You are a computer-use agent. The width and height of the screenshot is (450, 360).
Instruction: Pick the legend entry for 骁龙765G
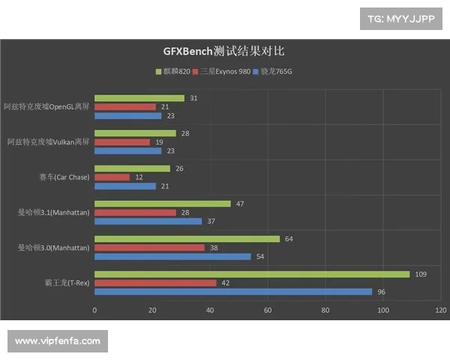click(x=274, y=72)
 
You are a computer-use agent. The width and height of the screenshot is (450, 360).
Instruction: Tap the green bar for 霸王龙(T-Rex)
click(x=252, y=274)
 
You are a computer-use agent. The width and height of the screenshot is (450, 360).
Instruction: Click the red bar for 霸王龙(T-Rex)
click(x=155, y=283)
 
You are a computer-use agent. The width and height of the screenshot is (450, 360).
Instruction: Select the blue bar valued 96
click(x=233, y=292)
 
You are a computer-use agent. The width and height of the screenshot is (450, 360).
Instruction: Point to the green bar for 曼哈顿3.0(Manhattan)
click(x=187, y=239)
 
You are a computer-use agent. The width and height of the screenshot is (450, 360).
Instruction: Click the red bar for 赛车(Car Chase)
click(x=112, y=177)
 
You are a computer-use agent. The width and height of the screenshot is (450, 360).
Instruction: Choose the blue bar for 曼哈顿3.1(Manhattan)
click(x=148, y=221)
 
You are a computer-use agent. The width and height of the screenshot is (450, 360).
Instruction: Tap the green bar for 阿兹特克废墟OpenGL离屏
click(x=139, y=98)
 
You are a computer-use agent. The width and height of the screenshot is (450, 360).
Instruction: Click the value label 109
click(x=421, y=274)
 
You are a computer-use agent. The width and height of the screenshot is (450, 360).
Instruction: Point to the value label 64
click(x=289, y=239)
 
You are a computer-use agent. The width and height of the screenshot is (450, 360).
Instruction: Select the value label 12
click(x=139, y=177)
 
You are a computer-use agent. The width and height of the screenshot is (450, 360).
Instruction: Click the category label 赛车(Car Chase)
click(x=64, y=178)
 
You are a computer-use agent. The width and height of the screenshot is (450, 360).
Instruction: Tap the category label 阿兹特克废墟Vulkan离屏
click(x=48, y=142)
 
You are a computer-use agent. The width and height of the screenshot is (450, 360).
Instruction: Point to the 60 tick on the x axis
click(x=268, y=309)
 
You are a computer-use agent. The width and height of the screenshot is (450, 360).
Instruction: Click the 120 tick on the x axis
click(x=441, y=309)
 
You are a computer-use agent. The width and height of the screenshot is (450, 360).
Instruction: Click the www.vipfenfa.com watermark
click(x=57, y=341)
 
